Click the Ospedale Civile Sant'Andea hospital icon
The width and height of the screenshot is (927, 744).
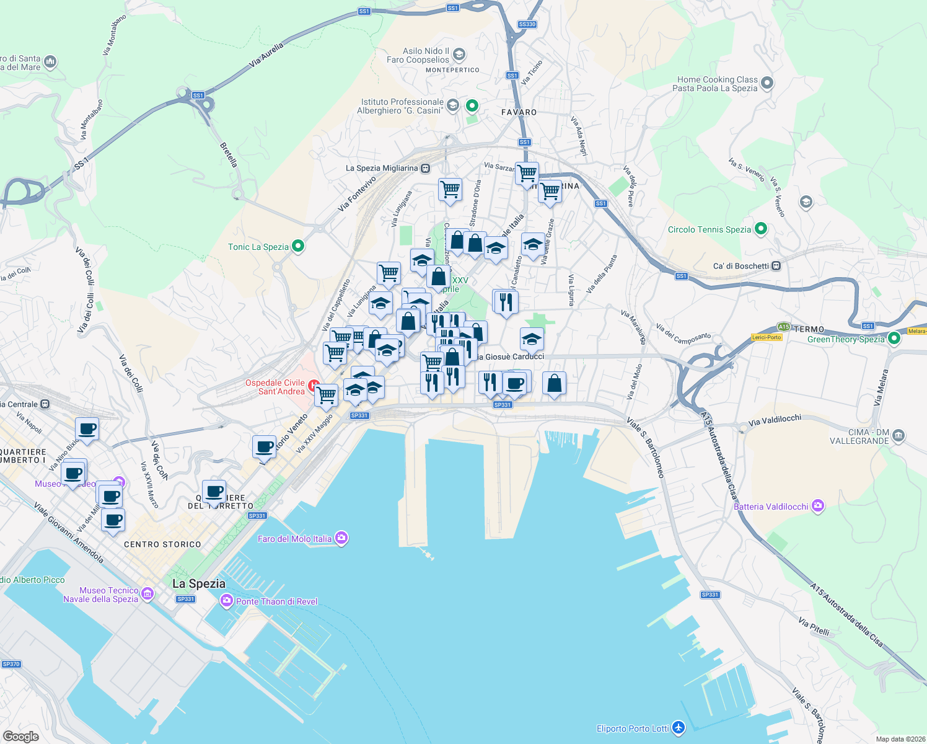click(x=314, y=386)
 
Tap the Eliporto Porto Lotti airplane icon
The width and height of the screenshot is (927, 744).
click(x=679, y=727)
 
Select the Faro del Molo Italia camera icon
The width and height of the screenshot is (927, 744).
click(x=341, y=538)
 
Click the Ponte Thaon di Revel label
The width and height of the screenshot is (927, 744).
click(x=276, y=601)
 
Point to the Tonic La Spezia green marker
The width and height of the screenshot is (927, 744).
click(x=298, y=246)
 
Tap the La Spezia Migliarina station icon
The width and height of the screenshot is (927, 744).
click(x=425, y=168)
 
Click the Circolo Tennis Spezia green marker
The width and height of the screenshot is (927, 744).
click(x=761, y=229)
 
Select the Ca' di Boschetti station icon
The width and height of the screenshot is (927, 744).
click(x=776, y=266)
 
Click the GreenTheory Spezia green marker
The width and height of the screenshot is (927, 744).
click(x=894, y=339)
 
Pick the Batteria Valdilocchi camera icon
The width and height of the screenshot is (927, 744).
click(x=818, y=506)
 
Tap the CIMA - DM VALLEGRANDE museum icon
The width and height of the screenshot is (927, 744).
click(x=899, y=436)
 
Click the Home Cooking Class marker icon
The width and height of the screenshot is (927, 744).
click(x=767, y=83)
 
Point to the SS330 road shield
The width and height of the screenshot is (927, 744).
click(x=527, y=24)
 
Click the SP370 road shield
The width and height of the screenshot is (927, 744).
click(x=11, y=664)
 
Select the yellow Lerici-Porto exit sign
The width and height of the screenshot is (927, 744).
click(x=767, y=337)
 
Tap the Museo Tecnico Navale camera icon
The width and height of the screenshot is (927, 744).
click(x=147, y=594)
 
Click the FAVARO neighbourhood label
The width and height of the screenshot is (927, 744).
click(x=519, y=112)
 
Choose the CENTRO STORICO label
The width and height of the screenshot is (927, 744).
click(x=162, y=544)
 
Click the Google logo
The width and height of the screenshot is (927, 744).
click(x=21, y=736)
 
